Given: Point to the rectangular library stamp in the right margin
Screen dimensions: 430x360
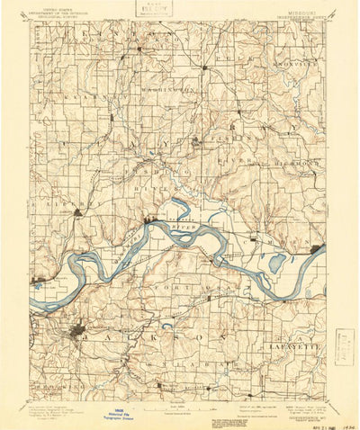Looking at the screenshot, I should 343,348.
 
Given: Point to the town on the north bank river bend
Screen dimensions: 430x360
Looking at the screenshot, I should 148,216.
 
